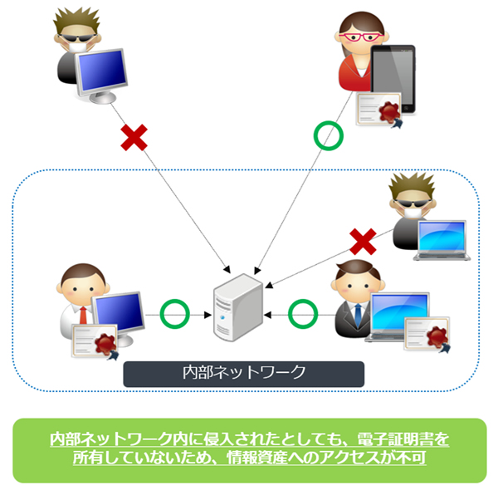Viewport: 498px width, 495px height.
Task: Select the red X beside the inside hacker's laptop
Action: pos(363,243)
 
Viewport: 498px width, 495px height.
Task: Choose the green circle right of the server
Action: pos(302,314)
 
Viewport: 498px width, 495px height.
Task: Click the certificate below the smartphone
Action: pos(378,110)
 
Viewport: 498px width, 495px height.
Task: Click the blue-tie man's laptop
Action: pos(399,315)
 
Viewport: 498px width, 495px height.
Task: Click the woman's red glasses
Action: pos(363,37)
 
